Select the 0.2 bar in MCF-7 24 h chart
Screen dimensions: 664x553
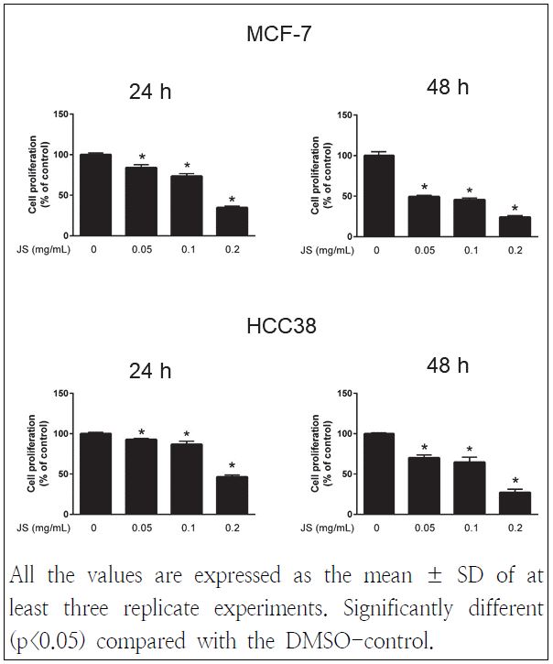(x=232, y=222)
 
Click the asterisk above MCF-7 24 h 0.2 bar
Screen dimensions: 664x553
(x=232, y=200)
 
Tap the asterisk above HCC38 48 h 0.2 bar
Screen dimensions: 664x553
(x=515, y=482)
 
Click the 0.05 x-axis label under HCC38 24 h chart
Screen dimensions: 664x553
(x=141, y=528)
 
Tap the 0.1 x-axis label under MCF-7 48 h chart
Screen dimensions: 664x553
(x=470, y=249)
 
